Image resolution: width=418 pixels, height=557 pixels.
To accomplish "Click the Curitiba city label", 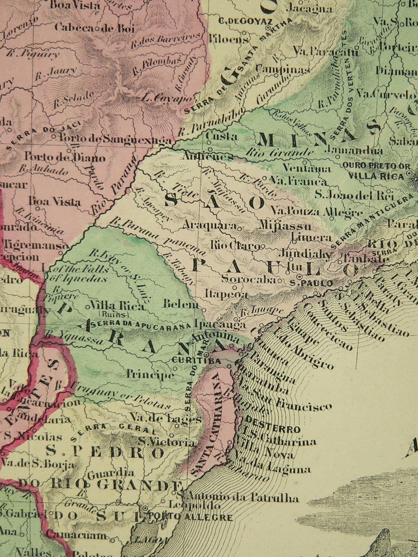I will (x=196, y=361).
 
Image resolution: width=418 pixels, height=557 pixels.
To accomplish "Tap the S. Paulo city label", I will (x=312, y=283).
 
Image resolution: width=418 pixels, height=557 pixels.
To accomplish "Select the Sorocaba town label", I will (x=248, y=279).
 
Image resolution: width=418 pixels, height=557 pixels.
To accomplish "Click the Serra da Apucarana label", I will (x=142, y=326).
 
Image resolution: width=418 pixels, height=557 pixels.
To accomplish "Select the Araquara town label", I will (x=209, y=225).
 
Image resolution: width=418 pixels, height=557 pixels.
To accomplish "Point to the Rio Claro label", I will (x=235, y=245).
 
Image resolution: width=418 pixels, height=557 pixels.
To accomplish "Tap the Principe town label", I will (x=150, y=374).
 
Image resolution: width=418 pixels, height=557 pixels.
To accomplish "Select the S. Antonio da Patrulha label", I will (x=237, y=498).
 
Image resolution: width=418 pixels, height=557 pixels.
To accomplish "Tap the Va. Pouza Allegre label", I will (x=316, y=211).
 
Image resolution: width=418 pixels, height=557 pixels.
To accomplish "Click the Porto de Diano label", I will (x=65, y=157).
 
